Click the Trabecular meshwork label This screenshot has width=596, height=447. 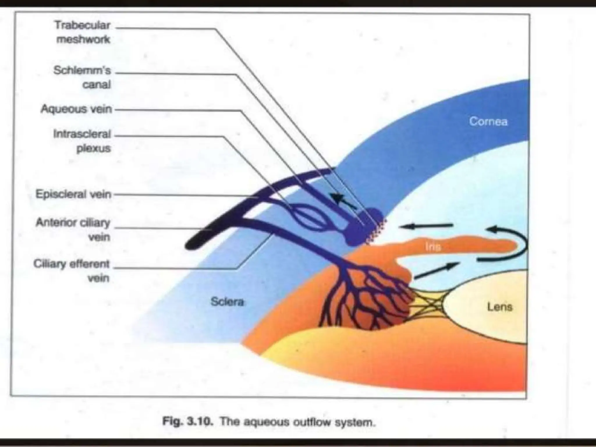[83, 32]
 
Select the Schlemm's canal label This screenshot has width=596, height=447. [82, 77]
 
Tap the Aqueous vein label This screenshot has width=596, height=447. [76, 109]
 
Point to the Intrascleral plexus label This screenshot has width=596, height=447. [82, 141]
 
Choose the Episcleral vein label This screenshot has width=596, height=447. [73, 194]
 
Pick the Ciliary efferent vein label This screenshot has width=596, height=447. [72, 271]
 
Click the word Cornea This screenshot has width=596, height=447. [488, 121]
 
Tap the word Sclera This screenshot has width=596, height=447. [227, 302]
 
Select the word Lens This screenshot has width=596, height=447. [499, 307]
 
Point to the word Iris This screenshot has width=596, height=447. [433, 247]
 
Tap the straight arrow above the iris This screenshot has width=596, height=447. [426, 226]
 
